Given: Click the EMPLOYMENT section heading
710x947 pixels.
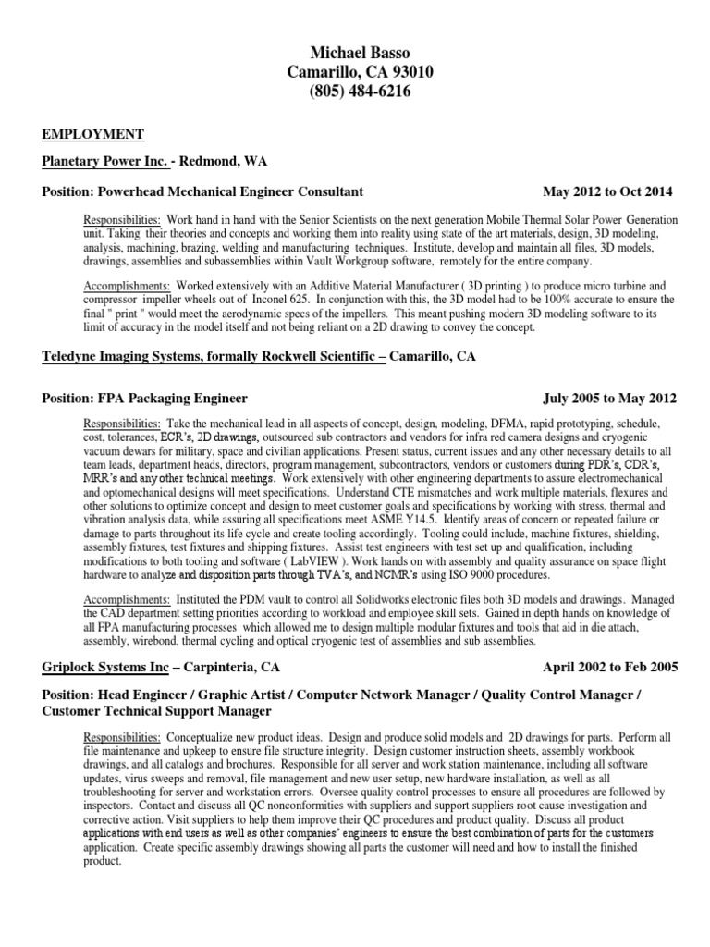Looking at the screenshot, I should pyautogui.click(x=92, y=134).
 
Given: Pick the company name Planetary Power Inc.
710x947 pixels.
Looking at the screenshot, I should pyautogui.click(x=104, y=162).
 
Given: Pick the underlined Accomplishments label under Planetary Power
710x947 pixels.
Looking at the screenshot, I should pyautogui.click(x=126, y=288).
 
